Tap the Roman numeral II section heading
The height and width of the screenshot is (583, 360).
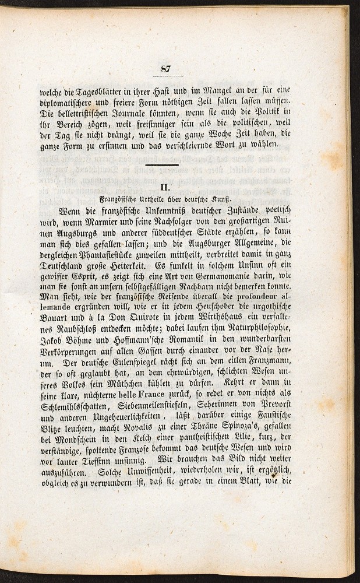point(164,187)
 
